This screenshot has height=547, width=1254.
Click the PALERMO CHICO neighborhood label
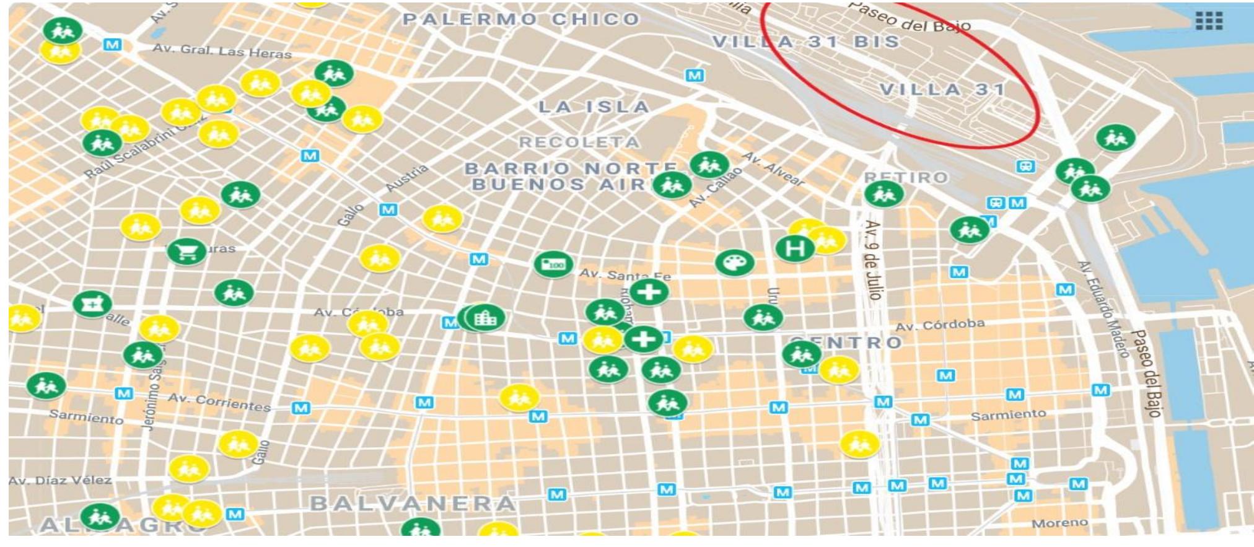click(521, 19)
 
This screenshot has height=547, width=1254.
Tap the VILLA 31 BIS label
click(805, 42)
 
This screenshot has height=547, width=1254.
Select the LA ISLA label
click(594, 107)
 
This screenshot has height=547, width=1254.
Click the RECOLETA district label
click(579, 142)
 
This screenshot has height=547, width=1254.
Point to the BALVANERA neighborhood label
click(413, 503)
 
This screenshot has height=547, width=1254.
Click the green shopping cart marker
click(186, 251)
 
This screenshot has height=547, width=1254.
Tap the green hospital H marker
click(795, 248)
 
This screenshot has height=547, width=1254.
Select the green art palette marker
click(734, 263)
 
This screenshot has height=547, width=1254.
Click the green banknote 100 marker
click(553, 265)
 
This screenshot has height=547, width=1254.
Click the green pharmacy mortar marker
click(92, 304)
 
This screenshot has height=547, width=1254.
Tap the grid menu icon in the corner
click(1208, 21)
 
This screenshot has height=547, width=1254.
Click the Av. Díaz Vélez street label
click(60, 480)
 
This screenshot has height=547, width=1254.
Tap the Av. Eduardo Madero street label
click(1102, 309)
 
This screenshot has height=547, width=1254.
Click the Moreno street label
click(1059, 523)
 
